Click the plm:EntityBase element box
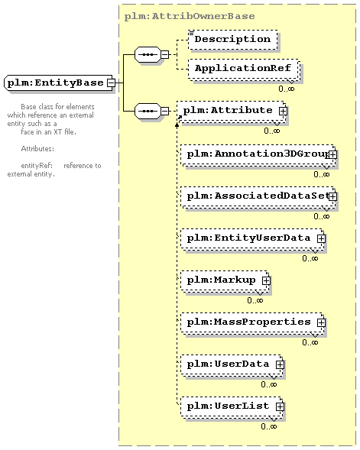pos(59,83)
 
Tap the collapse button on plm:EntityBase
pos(111,83)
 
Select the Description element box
pos(233,39)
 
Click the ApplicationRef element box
pos(244,70)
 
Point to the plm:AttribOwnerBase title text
pos(190,16)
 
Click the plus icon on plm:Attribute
pos(283,111)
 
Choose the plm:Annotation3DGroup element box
pos(258,154)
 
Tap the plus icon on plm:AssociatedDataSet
pos(332,196)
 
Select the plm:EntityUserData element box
pos(252,238)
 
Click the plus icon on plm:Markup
pos(266,280)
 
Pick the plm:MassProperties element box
pos(252,322)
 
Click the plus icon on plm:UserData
pos(280,364)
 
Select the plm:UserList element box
pos(232,406)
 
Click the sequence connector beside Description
pos(148,54)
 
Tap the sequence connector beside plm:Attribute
pos(148,111)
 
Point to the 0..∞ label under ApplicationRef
pos(286,89)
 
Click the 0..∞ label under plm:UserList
pos(269,426)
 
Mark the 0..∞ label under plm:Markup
pos(255,300)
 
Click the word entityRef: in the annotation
pos(37,166)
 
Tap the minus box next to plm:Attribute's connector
pos(165,111)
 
